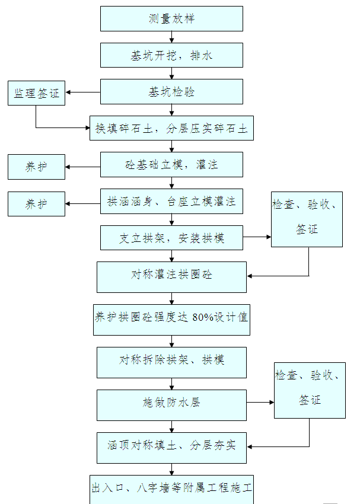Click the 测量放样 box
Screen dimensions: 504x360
(x=171, y=18)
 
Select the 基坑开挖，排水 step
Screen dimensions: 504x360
(x=171, y=55)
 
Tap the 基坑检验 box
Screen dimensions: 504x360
(x=171, y=92)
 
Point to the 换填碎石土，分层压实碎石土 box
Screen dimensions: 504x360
(x=171, y=128)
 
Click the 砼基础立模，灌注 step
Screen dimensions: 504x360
(x=171, y=164)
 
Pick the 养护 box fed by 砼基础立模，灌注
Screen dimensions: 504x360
(x=36, y=167)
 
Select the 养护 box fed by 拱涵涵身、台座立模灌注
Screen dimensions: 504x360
(x=36, y=203)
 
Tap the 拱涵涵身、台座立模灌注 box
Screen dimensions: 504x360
(x=171, y=201)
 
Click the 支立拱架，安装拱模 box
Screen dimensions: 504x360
(x=171, y=238)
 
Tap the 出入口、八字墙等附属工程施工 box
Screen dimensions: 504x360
(x=171, y=489)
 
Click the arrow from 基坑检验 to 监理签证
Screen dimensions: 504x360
(x=83, y=92)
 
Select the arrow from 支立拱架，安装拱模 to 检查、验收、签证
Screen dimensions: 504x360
(x=257, y=237)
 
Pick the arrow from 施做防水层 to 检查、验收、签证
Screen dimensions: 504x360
(x=260, y=403)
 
